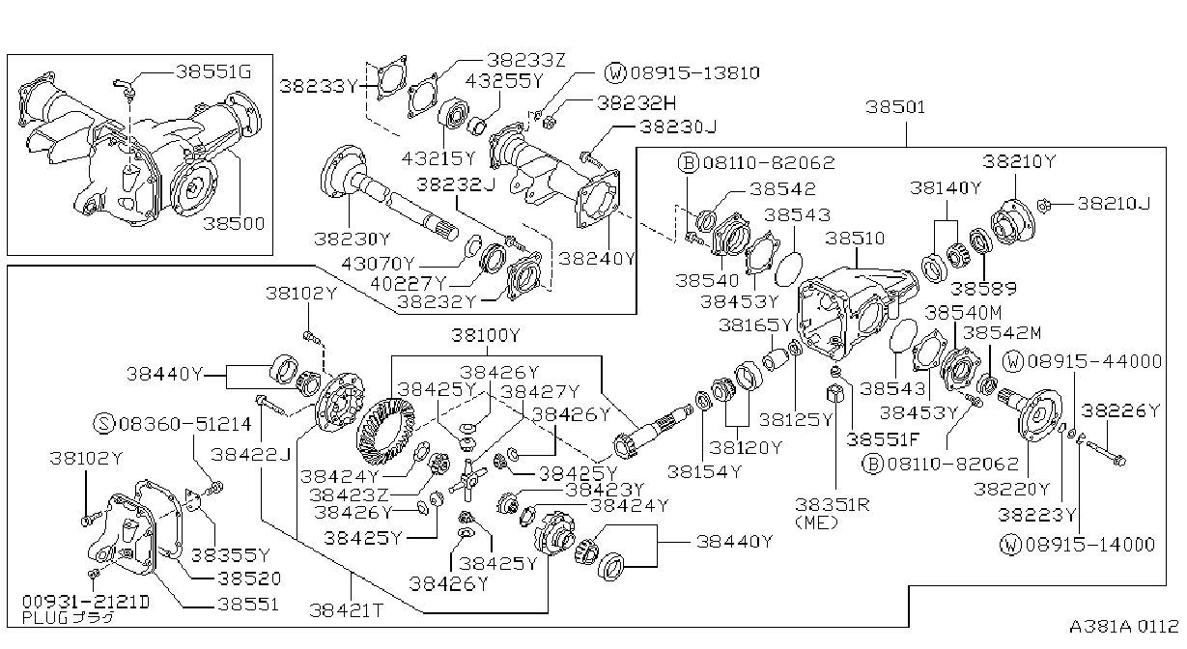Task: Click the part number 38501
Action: click(x=895, y=107)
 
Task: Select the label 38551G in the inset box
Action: click(x=213, y=71)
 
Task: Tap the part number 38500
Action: click(x=234, y=223)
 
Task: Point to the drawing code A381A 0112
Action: click(x=1124, y=627)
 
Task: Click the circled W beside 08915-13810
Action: click(x=615, y=72)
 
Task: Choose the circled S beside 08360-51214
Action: click(x=104, y=423)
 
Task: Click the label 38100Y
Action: click(x=486, y=335)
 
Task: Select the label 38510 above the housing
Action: click(x=855, y=239)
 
